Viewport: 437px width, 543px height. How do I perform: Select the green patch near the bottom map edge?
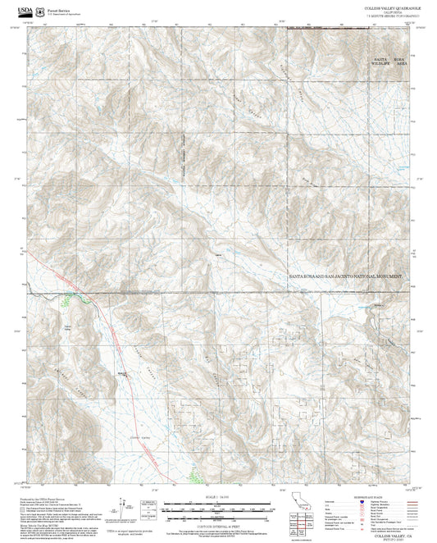[193, 473]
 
